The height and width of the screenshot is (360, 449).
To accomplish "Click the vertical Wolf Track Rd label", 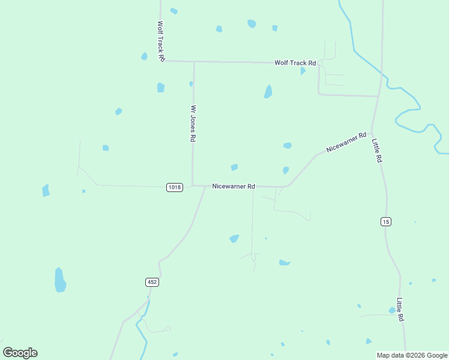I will coord(161,42).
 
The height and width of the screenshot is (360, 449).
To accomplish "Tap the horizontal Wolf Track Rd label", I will coord(295,63).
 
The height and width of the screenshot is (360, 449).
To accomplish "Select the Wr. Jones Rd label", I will coord(193,124).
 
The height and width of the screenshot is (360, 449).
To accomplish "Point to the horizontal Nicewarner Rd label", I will coord(234,187).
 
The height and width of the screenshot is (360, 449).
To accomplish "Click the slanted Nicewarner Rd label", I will coord(346,142).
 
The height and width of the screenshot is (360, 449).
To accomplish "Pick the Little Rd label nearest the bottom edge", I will coord(400,310).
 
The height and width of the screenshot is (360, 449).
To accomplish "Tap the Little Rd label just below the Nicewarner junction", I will coord(376,151).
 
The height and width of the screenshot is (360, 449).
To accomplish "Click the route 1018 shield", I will coord(174,187).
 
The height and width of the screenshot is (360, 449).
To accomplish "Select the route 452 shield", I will coord(152,281).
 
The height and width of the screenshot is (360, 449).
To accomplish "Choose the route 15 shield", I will coord(385,222).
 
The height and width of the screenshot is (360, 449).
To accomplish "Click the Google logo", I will coord(20,353).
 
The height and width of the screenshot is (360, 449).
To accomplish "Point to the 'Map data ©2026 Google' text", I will coord(412,355).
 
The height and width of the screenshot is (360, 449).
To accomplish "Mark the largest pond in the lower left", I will coord(60,280).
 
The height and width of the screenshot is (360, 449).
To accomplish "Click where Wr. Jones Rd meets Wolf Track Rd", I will coord(193,61).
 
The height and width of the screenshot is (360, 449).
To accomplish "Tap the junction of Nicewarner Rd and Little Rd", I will coord(372,133).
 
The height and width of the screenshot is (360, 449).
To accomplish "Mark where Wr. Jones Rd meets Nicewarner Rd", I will coord(193,185).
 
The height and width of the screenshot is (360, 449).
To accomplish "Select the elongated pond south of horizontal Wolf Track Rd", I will coord(268,91).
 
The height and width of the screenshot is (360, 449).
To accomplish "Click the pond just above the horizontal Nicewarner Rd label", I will coord(234,167).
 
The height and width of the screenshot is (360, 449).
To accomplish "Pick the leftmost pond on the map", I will coord(46,191).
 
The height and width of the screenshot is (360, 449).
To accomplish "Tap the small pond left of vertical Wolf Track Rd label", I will coord(144,56).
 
